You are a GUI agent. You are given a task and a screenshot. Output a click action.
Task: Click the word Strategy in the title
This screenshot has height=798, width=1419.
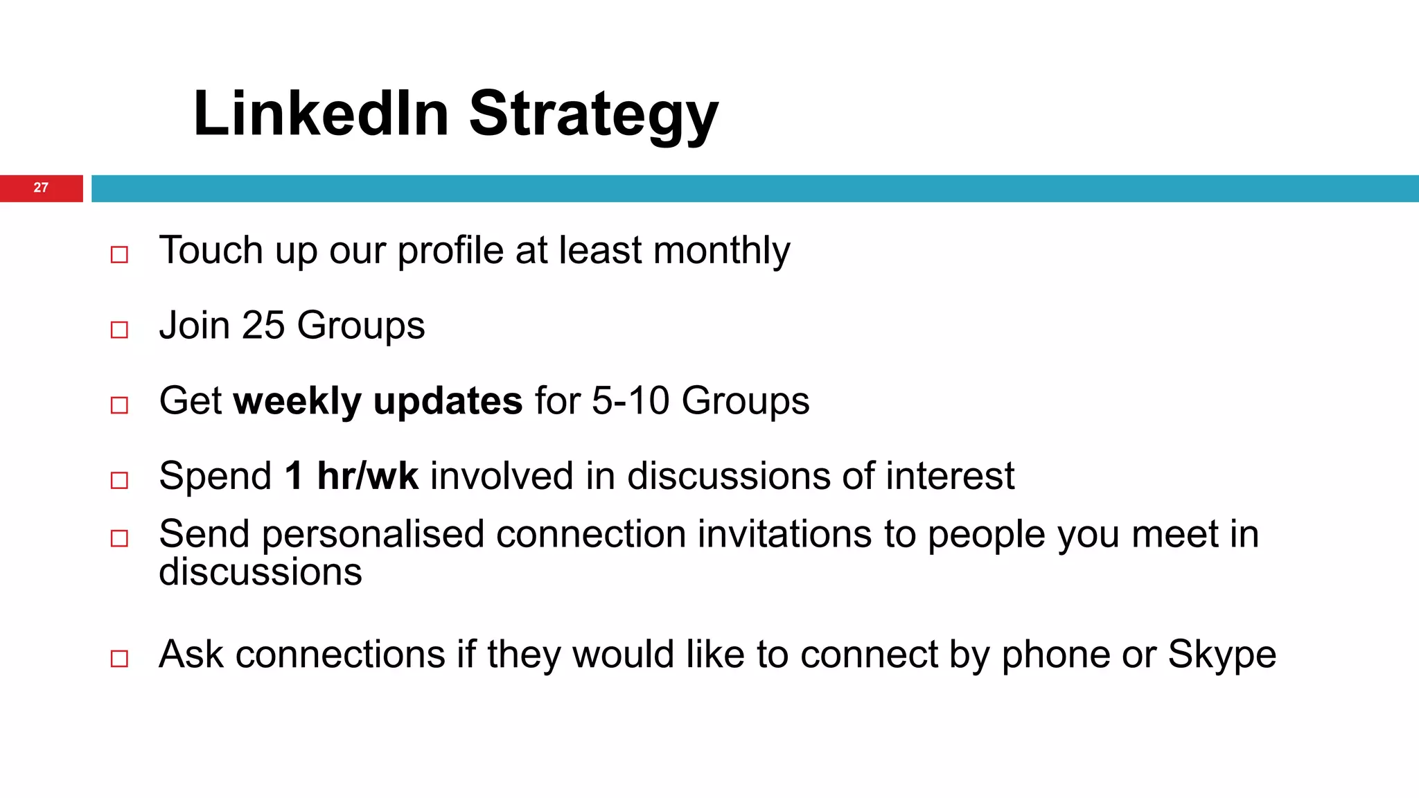pos(594,116)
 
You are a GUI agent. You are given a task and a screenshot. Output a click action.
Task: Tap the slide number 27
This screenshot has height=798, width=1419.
pos(41,188)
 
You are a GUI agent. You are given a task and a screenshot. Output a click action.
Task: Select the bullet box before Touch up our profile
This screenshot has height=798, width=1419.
pos(119,254)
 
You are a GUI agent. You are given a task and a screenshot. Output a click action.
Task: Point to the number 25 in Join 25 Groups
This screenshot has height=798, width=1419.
pos(263,325)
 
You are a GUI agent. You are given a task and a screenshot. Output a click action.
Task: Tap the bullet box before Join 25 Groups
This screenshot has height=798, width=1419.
pos(119,330)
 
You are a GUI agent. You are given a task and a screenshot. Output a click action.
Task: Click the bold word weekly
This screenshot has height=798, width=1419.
pos(298,401)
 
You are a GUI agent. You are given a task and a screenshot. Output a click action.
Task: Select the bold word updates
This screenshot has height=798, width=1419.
pos(448,402)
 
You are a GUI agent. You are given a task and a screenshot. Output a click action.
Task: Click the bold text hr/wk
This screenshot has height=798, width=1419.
pos(368,476)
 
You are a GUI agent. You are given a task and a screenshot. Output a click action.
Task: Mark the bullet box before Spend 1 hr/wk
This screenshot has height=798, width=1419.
pos(119,480)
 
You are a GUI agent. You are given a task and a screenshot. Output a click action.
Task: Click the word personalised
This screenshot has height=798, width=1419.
pos(373,535)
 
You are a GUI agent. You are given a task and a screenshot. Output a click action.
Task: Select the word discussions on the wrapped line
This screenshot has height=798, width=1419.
pos(261,572)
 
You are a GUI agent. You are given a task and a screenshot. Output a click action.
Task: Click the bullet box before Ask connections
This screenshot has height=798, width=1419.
pos(119,658)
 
